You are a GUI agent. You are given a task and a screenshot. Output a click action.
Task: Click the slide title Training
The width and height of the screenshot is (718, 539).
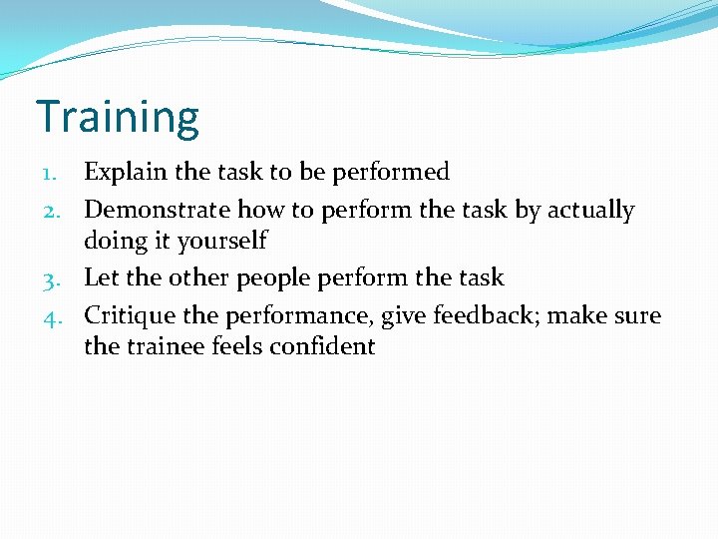118,117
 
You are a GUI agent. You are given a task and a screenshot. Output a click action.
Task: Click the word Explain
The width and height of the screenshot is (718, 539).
126,173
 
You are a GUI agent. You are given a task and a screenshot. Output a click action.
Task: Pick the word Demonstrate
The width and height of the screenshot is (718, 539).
157,211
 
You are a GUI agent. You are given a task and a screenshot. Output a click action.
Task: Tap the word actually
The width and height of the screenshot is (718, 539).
590,211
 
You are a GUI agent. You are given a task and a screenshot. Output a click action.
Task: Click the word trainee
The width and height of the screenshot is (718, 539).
166,346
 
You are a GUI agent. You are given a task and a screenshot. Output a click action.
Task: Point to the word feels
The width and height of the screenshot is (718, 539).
235,346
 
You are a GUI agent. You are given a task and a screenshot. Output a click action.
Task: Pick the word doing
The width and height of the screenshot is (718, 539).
115,241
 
